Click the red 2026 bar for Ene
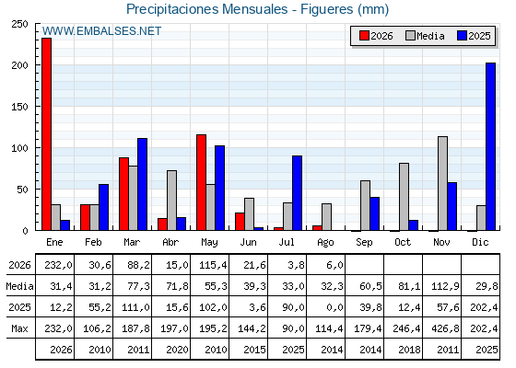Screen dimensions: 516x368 tap(46, 134)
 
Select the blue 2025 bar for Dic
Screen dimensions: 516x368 tap(490, 146)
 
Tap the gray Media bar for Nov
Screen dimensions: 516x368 tap(442, 183)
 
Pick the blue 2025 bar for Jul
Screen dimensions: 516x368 tap(297, 193)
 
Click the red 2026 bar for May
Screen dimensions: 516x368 tap(201, 182)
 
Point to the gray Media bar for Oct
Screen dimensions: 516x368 tap(404, 197)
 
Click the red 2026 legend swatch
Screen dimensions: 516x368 tap(364, 36)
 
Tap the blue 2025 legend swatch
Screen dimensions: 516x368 tap(462, 36)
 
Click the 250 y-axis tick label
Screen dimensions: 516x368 tap(19, 24)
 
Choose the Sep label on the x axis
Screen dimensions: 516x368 tap(364, 243)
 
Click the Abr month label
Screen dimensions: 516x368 tap(170, 243)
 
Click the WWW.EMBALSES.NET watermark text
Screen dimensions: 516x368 tap(101, 31)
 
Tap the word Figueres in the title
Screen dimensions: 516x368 tap(327, 9)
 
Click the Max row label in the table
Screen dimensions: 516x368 tap(19, 328)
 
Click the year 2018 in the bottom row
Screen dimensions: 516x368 tap(409, 350)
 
